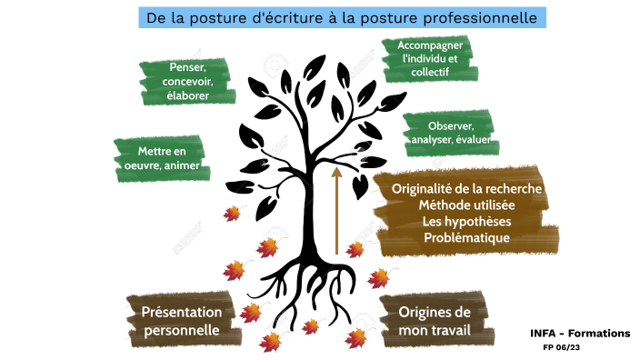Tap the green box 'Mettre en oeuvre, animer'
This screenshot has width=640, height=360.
click(161, 158)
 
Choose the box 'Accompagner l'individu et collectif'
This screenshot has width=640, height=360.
click(430, 58)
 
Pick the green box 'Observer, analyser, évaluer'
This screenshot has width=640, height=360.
click(449, 133)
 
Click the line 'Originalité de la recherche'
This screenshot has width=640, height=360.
click(467, 189)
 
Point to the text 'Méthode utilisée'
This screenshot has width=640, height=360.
click(467, 205)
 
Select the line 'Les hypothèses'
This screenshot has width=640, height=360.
click(467, 222)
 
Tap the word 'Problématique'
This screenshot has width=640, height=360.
click(467, 238)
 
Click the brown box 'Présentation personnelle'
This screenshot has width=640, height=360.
click(181, 319)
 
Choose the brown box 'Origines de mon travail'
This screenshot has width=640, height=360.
click(434, 320)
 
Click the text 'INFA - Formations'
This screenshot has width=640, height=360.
click(579, 334)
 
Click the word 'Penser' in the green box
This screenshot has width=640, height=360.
click(186, 68)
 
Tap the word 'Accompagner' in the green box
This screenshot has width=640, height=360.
click(430, 45)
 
